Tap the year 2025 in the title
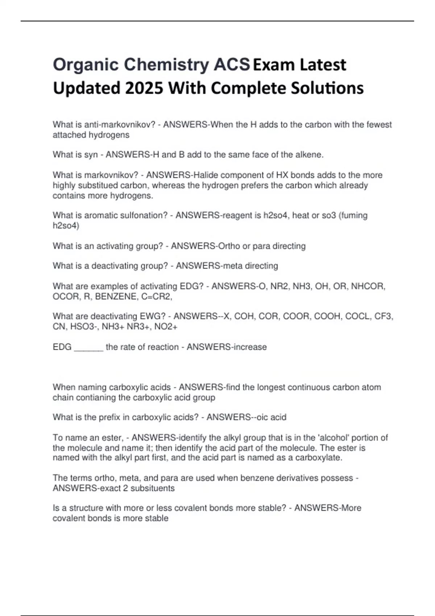pyautogui.click(x=143, y=88)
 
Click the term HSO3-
pyautogui.click(x=84, y=326)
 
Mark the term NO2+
pyautogui.click(x=166, y=326)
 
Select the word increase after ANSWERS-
pyautogui.click(x=250, y=347)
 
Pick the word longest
pyautogui.click(x=270, y=387)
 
